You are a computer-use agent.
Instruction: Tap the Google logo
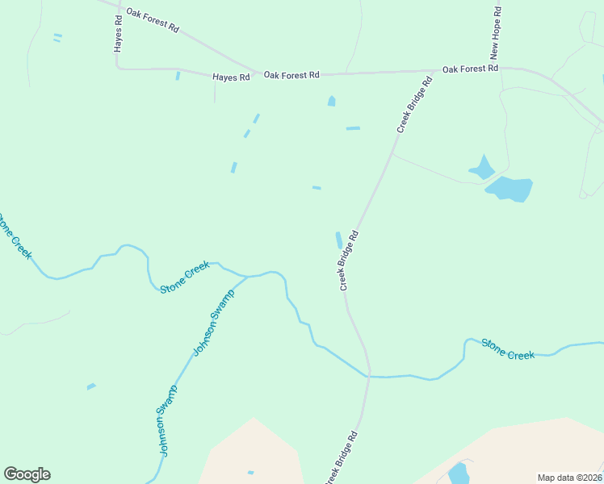(x=27, y=474)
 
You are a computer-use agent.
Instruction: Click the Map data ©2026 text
(x=570, y=478)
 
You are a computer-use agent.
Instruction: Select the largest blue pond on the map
(x=510, y=189)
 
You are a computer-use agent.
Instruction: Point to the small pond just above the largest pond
(x=482, y=168)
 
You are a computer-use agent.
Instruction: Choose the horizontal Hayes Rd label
(x=231, y=77)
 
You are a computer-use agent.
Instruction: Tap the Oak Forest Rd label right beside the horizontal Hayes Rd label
(x=292, y=75)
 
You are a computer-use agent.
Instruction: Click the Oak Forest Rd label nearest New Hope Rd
(x=470, y=69)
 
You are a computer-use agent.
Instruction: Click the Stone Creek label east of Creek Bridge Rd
(x=508, y=349)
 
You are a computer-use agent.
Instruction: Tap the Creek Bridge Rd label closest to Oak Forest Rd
(x=414, y=105)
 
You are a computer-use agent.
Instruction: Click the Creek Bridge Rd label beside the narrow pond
(x=348, y=261)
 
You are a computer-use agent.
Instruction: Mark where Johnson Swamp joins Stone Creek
(x=246, y=277)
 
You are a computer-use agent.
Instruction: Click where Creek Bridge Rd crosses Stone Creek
(x=369, y=376)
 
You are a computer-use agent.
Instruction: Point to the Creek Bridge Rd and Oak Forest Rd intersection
(x=437, y=71)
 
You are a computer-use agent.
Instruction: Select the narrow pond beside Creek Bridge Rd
(x=338, y=240)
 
